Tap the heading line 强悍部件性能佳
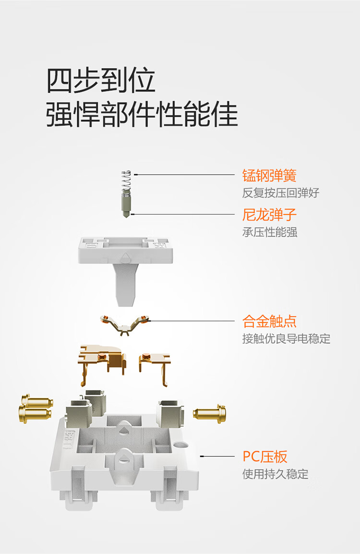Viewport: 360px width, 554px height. tap(142, 114)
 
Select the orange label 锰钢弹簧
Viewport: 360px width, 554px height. tap(269, 176)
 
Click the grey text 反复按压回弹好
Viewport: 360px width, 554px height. tap(280, 193)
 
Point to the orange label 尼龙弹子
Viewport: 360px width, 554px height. tap(269, 215)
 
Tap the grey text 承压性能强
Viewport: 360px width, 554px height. tap(270, 232)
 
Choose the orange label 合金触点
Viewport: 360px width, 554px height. tap(269, 321)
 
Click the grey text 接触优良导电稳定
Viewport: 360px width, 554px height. tap(286, 339)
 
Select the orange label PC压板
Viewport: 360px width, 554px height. tap(265, 457)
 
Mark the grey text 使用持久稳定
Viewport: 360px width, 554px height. tap(275, 474)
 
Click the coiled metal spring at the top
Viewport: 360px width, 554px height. tap(126, 181)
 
